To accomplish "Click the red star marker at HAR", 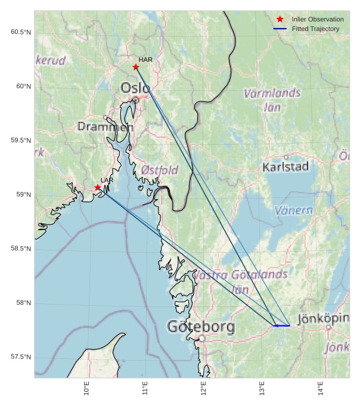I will pyautogui.click(x=136, y=67).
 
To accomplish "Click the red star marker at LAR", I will pyautogui.click(x=98, y=188).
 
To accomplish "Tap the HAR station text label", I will pyautogui.click(x=145, y=60).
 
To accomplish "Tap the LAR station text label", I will pyautogui.click(x=107, y=180).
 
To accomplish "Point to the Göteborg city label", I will pyautogui.click(x=201, y=327).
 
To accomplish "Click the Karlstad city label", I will pyautogui.click(x=285, y=167).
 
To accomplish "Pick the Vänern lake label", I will pyautogui.click(x=294, y=210).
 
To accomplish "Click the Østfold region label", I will pyautogui.click(x=160, y=170).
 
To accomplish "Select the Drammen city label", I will pyautogui.click(x=105, y=126).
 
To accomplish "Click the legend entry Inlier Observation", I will pyautogui.click(x=317, y=20).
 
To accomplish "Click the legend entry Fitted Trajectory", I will pyautogui.click(x=315, y=29).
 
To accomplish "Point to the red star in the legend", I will pyautogui.click(x=280, y=20).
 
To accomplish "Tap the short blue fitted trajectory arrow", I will pyautogui.click(x=281, y=326).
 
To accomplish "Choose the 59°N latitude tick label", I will pyautogui.click(x=22, y=194).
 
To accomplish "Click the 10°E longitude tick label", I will pyautogui.click(x=86, y=389).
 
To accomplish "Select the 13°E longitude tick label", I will pyautogui.click(x=262, y=389).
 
